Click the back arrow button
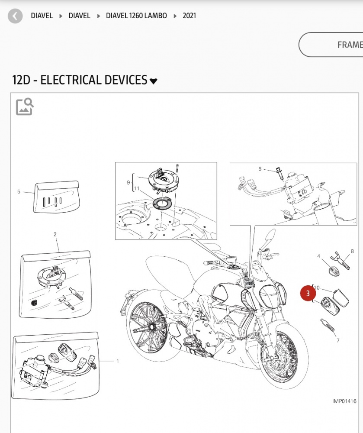click(x=15, y=16)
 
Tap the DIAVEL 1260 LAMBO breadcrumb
click(x=136, y=16)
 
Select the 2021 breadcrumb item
click(x=189, y=16)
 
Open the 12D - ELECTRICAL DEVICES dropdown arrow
click(x=153, y=81)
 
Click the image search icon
click(x=25, y=107)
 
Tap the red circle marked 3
click(x=308, y=293)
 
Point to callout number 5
click(x=19, y=192)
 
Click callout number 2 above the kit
click(x=55, y=234)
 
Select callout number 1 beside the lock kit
click(x=118, y=361)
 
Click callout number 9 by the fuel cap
click(x=128, y=183)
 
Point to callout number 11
click(x=137, y=189)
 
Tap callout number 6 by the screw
click(x=260, y=169)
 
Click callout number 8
click(x=352, y=251)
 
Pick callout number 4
click(x=318, y=256)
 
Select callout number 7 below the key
click(x=338, y=340)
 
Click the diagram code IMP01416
click(x=344, y=401)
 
